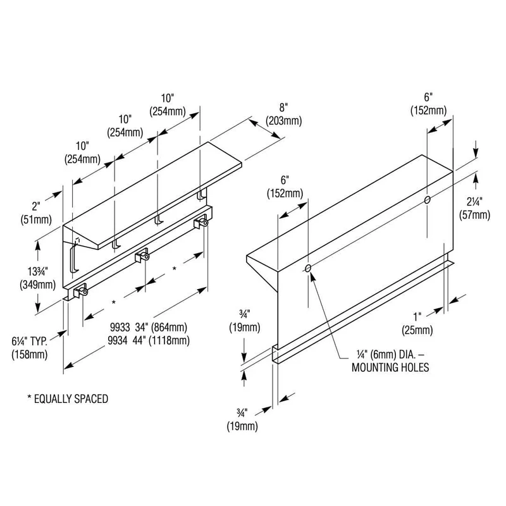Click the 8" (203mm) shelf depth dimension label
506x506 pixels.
(283, 114)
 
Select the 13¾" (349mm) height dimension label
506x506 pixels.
(38, 278)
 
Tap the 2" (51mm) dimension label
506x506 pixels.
(36, 213)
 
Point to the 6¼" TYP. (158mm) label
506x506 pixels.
(30, 348)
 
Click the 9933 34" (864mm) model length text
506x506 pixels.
(149, 327)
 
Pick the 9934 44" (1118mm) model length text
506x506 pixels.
(149, 340)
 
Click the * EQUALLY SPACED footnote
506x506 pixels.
(68, 399)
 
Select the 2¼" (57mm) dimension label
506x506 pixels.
(475, 208)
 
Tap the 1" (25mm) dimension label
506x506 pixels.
(417, 323)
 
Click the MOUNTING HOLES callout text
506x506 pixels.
(390, 367)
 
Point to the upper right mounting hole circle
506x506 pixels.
(428, 200)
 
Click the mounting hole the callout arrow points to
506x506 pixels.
(308, 268)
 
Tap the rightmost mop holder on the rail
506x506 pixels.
(201, 221)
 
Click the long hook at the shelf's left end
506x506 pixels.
(74, 257)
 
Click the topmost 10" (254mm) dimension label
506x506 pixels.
(168, 105)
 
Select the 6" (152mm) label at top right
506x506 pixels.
(428, 104)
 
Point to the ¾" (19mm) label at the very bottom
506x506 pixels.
(242, 420)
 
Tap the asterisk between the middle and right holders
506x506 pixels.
(175, 268)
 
